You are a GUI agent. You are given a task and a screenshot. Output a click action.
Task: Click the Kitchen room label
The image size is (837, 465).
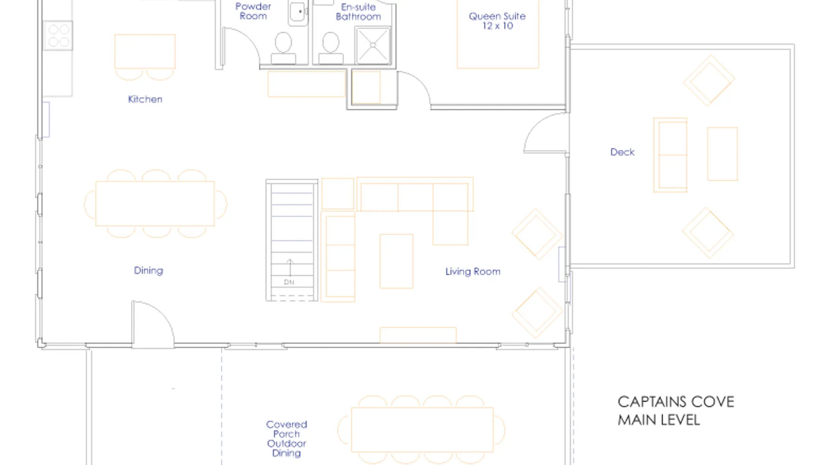tap(145, 99)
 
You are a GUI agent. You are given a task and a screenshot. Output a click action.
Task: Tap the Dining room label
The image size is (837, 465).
tap(148, 271)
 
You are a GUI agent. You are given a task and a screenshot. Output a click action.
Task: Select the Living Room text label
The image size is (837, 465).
tap(473, 272)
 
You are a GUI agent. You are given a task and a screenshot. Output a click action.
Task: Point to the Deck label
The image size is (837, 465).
tap(622, 152)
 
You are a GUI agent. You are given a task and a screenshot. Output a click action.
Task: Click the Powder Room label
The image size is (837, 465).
tap(253, 11)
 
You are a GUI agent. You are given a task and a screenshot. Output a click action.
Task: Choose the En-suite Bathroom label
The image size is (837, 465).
tap(358, 12)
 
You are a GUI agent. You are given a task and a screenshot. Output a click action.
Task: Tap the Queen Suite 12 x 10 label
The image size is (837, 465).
tap(497, 21)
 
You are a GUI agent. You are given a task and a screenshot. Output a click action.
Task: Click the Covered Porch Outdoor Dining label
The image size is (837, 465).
tap(286, 439)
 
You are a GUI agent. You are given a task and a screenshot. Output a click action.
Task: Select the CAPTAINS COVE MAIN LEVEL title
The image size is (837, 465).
tap(676, 411)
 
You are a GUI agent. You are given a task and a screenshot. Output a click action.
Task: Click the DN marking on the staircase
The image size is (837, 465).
tap(289, 282)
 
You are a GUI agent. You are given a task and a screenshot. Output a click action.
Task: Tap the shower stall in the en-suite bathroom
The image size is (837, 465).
tap(373, 45)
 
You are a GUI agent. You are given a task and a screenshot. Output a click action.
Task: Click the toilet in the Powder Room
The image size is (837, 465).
tap(283, 48)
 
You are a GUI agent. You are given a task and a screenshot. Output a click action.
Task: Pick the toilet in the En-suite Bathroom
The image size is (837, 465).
tap(331, 48)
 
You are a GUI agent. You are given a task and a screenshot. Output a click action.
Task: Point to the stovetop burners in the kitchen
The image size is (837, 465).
tap(59, 36)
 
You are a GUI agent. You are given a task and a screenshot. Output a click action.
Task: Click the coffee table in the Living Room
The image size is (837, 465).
tap(396, 261)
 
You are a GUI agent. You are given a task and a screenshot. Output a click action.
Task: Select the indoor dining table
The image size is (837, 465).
tap(155, 204)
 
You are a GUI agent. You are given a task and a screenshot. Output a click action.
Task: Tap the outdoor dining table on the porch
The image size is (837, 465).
tap(422, 430)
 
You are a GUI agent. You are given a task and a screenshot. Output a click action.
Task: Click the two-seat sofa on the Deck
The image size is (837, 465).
tap(670, 155)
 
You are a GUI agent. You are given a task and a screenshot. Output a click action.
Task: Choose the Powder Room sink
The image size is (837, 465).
tap(298, 13)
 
